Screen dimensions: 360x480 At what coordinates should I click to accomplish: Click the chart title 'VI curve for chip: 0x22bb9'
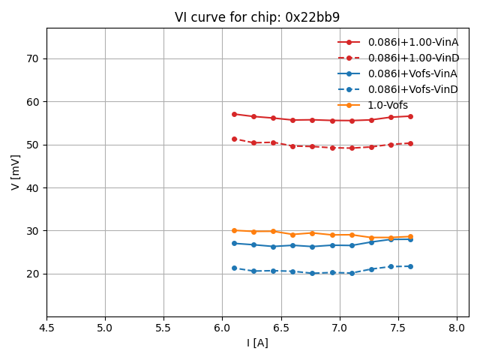click(x=257, y=17)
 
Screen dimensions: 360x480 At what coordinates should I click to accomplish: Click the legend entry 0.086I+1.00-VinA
click(x=412, y=43)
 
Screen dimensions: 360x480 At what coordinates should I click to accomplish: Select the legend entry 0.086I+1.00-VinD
click(x=412, y=58)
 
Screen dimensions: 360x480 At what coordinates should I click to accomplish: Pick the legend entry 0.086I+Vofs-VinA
click(x=412, y=74)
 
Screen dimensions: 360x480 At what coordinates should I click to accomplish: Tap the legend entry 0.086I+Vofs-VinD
click(x=412, y=90)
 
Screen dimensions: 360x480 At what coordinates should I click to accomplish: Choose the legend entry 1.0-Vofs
click(x=388, y=106)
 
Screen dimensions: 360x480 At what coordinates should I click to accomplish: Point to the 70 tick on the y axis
click(x=33, y=58)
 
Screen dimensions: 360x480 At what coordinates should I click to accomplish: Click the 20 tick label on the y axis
click(x=33, y=274)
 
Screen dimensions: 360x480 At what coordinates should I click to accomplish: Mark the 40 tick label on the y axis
click(x=33, y=187)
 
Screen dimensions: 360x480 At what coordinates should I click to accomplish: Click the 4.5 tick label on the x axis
click(x=46, y=328)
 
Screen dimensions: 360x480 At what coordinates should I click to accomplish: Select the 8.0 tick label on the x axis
click(x=457, y=328)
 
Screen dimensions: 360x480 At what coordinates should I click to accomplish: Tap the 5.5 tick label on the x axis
click(x=163, y=328)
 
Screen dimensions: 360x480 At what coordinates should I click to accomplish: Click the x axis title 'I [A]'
click(x=257, y=343)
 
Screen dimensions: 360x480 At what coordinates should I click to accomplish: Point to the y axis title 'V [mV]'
click(x=16, y=172)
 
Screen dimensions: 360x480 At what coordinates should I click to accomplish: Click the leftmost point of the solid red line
click(x=234, y=114)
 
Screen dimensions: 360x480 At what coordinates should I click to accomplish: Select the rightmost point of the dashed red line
click(x=410, y=143)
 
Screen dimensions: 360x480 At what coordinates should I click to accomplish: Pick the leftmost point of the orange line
click(x=234, y=230)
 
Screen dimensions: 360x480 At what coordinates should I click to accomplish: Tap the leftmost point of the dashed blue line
click(x=234, y=268)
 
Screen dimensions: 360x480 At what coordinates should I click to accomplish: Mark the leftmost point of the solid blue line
click(x=234, y=243)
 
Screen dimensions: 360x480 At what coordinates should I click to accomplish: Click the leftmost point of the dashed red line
click(x=234, y=139)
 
